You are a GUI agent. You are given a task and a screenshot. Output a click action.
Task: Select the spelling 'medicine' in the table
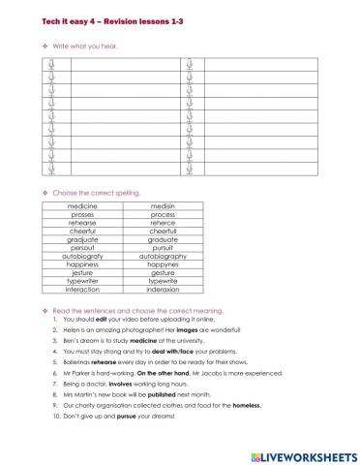pos(82,205)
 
